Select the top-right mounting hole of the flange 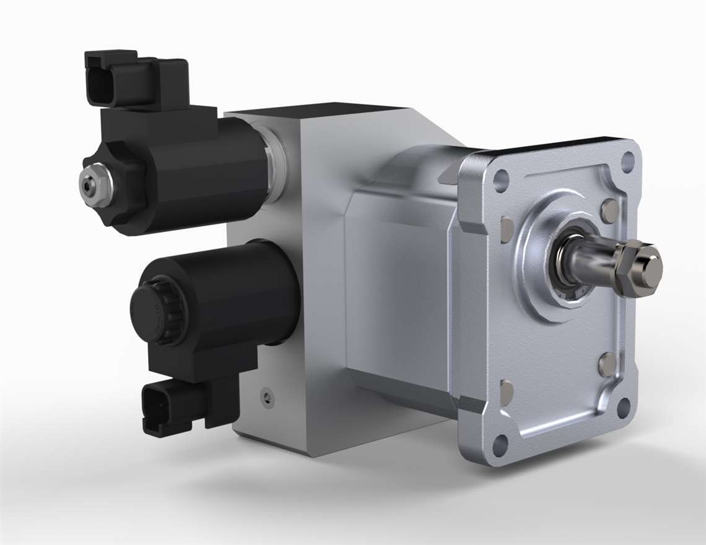click(x=627, y=162)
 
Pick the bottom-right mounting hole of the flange click(x=623, y=407)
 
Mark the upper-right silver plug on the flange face click(x=609, y=211)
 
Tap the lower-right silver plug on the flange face click(x=608, y=364)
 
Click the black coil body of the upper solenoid click(x=204, y=173)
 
